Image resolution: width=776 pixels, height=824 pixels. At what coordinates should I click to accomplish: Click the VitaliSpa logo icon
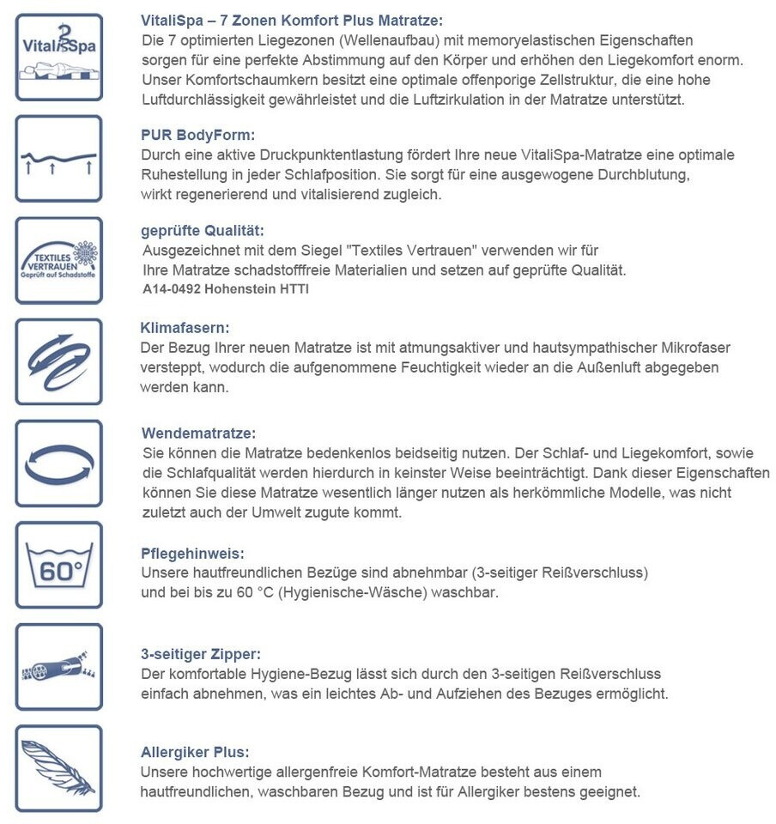[x=58, y=57]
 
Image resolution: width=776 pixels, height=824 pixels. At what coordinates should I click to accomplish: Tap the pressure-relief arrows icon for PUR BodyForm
[x=58, y=159]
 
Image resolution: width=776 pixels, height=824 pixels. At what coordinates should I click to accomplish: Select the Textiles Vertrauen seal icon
[x=58, y=260]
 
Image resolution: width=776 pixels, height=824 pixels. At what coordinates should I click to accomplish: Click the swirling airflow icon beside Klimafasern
[x=58, y=361]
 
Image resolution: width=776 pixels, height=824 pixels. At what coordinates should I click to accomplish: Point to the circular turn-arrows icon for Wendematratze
[x=58, y=463]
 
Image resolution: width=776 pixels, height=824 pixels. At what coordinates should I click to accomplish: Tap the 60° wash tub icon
[x=58, y=565]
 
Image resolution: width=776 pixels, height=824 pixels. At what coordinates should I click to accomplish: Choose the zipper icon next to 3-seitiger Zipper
[x=58, y=666]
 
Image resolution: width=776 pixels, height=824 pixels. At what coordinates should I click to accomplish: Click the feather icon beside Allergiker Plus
[x=58, y=768]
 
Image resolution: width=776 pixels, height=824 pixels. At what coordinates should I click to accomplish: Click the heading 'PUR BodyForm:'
[x=197, y=135]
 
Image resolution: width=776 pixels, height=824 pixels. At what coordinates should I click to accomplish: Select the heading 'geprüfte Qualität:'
[x=202, y=231]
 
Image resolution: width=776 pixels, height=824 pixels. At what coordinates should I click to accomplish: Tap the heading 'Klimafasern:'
[x=185, y=328]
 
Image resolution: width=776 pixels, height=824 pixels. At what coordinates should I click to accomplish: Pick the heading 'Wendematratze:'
[x=197, y=433]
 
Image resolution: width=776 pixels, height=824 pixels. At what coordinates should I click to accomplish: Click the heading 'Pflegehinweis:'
[x=192, y=554]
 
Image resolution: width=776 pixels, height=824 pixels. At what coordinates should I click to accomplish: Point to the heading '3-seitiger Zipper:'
[x=201, y=655]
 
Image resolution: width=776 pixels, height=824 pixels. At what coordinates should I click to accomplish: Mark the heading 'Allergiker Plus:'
[x=195, y=752]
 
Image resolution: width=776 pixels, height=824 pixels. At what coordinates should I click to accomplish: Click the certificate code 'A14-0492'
[x=172, y=289]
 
